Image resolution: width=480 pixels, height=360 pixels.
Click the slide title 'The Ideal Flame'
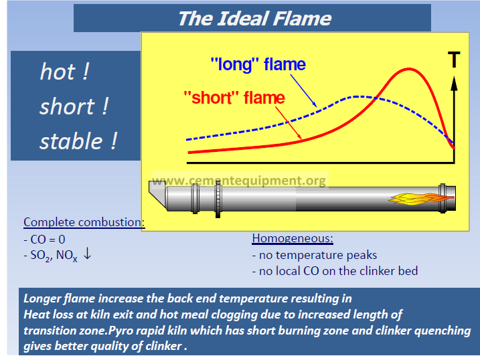[254, 19]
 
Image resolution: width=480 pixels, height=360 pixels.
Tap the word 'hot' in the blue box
[58, 72]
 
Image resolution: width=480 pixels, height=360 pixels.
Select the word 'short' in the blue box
[68, 106]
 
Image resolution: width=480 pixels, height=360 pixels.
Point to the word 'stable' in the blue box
[72, 141]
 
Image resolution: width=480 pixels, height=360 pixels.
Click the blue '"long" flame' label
[258, 64]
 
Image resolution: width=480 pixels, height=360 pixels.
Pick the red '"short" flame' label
[234, 98]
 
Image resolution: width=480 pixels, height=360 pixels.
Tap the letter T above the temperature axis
[454, 60]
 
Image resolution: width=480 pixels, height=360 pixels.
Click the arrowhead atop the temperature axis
[455, 83]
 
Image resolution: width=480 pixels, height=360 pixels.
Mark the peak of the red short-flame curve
[409, 70]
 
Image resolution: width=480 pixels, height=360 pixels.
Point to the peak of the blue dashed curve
[357, 97]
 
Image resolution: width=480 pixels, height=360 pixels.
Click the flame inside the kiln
[422, 199]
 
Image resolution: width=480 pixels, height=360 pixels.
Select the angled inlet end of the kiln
[158, 195]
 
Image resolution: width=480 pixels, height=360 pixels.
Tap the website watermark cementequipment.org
[239, 180]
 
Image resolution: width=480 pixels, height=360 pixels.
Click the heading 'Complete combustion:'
[84, 222]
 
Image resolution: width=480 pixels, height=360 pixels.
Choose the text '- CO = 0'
[44, 240]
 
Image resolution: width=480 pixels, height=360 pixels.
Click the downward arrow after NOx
[87, 254]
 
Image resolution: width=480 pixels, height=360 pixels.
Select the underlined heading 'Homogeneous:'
[293, 238]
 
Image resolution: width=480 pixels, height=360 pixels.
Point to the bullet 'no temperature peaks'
[315, 255]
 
